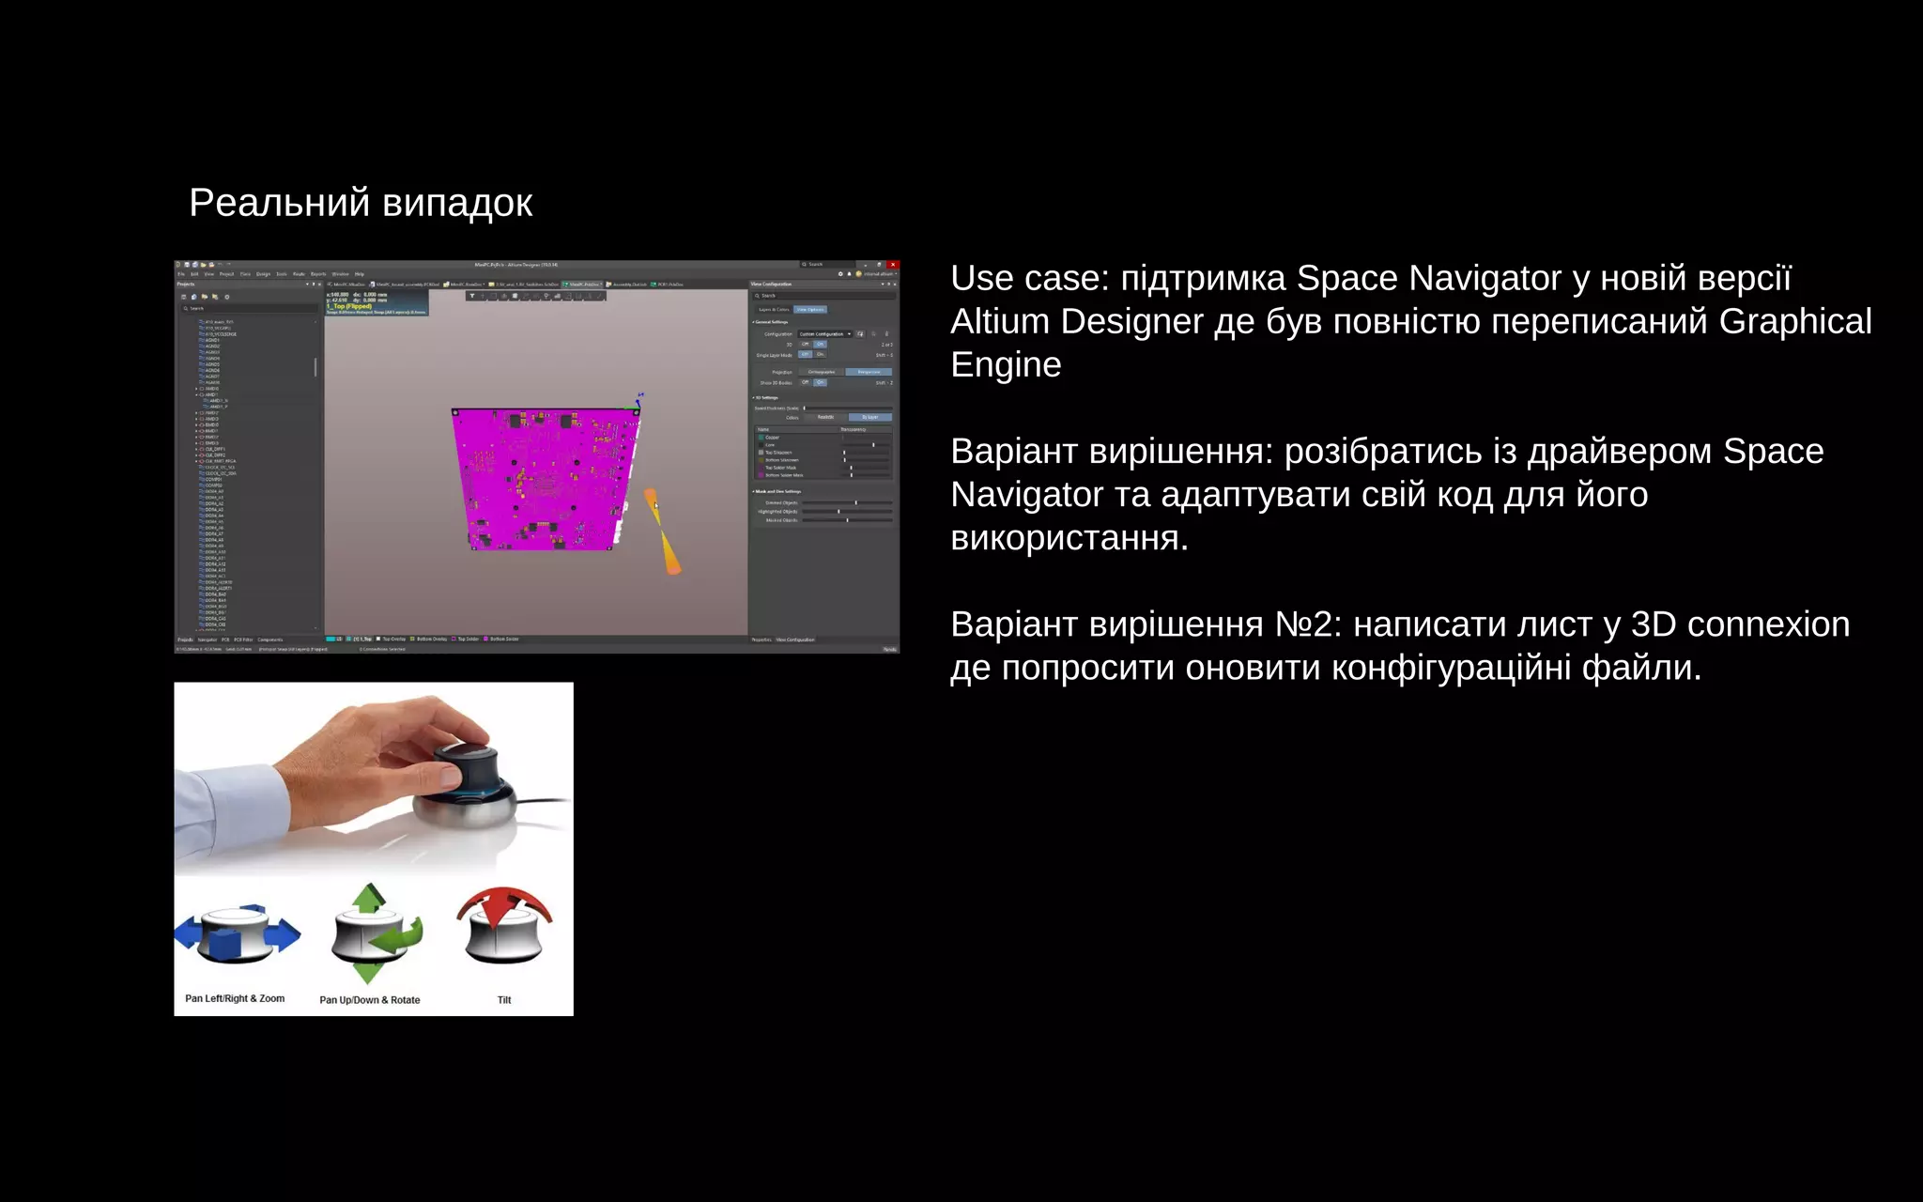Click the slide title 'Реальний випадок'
[361, 203]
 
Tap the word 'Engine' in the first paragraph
[1005, 364]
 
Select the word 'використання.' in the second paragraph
[1069, 538]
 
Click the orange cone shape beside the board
[663, 532]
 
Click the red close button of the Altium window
[893, 265]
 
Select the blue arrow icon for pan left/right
[238, 933]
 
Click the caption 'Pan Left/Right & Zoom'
[235, 998]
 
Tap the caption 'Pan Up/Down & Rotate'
[369, 1000]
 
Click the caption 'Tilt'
[504, 1000]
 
